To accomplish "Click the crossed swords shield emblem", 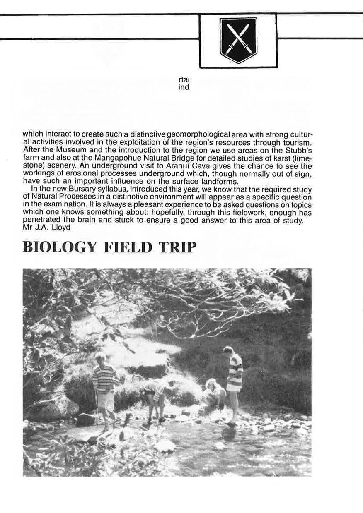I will point(238,40).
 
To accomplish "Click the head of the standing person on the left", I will point(100,358).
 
